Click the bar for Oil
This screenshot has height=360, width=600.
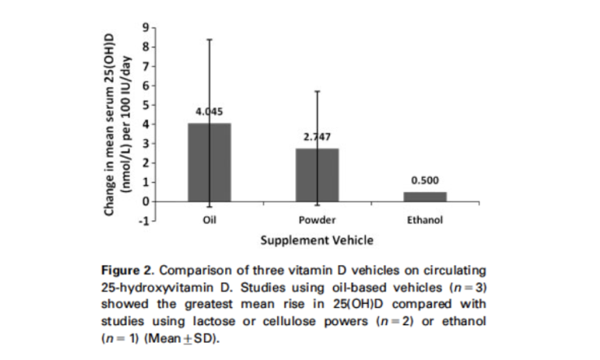209,163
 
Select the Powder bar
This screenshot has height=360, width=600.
317,175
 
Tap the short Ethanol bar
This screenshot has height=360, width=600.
425,197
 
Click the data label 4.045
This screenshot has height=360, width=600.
209,111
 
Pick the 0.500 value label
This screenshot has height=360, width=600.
425,180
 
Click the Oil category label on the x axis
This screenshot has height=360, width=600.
209,220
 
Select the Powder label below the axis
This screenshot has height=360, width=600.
317,220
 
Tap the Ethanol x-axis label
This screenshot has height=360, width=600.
425,220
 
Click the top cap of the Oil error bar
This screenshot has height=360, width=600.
209,39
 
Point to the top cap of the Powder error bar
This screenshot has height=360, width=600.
317,91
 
